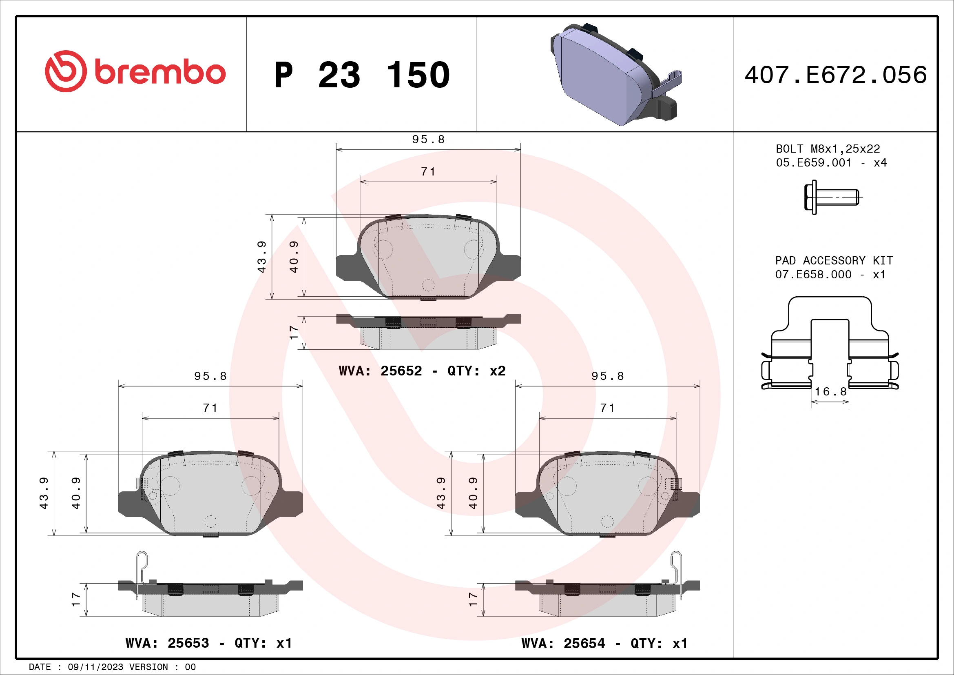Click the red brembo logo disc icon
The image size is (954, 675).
pyautogui.click(x=66, y=71)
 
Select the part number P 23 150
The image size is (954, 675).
pyautogui.click(x=361, y=75)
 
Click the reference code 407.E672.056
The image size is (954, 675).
pyautogui.click(x=835, y=75)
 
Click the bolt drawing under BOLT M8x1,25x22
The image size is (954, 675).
pyautogui.click(x=831, y=197)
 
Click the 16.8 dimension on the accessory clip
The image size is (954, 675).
pyautogui.click(x=830, y=391)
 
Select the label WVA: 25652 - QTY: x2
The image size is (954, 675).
pyautogui.click(x=422, y=370)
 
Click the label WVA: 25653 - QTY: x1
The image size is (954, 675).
pyautogui.click(x=208, y=643)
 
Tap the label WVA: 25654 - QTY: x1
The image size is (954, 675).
pyautogui.click(x=604, y=644)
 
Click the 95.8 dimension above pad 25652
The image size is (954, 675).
pyautogui.click(x=428, y=140)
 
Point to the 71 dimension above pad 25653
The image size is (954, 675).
pyautogui.click(x=210, y=408)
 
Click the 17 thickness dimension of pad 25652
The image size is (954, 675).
pyautogui.click(x=294, y=333)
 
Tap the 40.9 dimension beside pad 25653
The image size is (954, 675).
pyautogui.click(x=76, y=493)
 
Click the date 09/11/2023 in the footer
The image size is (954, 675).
pyautogui.click(x=95, y=667)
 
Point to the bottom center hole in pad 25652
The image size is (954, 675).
pyautogui.click(x=428, y=285)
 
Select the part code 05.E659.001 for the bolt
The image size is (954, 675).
pyautogui.click(x=814, y=163)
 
